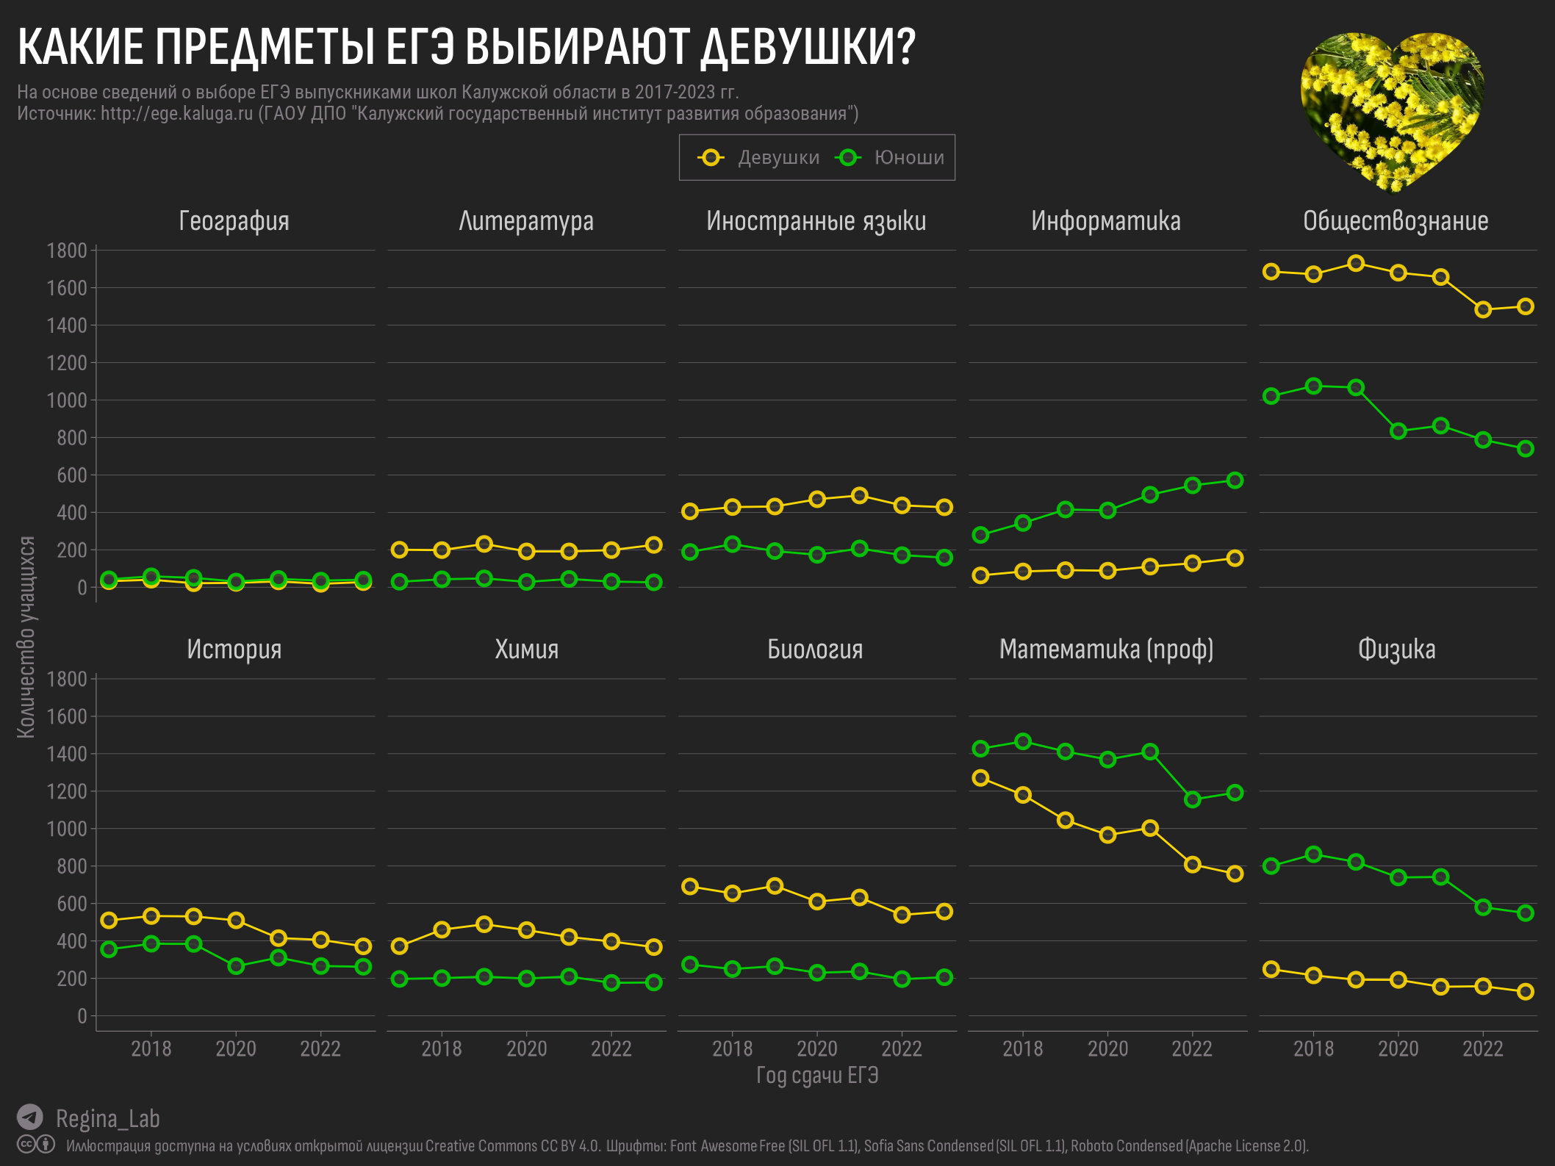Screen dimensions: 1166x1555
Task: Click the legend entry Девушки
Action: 777,158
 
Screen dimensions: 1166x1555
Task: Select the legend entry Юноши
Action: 908,158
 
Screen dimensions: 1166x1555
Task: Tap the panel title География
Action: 234,221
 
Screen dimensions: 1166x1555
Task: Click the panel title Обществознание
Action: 1396,221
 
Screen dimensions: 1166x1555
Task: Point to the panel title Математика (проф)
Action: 1106,649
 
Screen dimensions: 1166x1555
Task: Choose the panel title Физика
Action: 1396,649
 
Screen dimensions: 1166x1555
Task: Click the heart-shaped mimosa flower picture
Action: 1391,107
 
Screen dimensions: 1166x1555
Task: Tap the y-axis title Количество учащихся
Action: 26,636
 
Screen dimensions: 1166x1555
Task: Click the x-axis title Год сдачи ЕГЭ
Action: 817,1076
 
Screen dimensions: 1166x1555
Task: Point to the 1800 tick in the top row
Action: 67,251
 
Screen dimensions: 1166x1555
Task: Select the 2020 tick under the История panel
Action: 235,1048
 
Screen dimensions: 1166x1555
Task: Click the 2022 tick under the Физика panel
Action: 1483,1048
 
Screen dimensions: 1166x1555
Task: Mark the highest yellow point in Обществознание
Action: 1356,263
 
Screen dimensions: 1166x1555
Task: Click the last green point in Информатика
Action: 1235,481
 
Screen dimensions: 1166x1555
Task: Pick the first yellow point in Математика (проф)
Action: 980,777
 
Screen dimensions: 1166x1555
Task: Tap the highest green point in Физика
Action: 1314,854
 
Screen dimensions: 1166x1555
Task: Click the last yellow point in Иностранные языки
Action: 944,508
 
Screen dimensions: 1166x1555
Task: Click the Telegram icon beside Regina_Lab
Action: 30,1118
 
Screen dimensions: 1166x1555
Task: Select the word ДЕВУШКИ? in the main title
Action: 808,47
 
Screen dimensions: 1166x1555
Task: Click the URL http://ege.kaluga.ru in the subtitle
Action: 176,114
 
